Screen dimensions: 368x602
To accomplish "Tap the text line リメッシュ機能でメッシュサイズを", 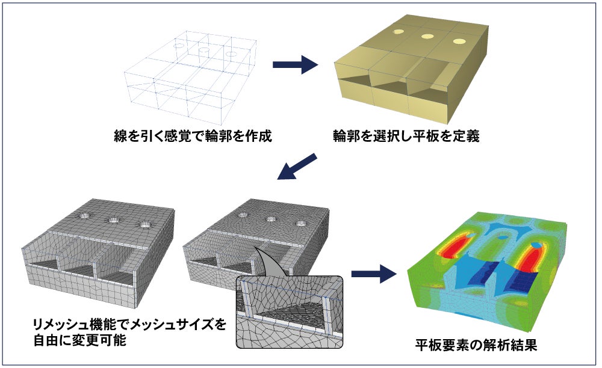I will tap(130, 325).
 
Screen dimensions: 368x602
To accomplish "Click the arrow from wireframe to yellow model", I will tap(295, 65).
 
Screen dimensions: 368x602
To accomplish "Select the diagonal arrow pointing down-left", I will tap(297, 166).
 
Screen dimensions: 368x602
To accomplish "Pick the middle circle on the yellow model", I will tap(428, 36).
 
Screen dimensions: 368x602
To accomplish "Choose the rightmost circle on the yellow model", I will tap(459, 42).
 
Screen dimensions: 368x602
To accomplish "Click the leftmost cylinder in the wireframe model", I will tap(179, 45).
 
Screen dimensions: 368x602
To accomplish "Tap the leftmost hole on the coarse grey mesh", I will tap(84, 216).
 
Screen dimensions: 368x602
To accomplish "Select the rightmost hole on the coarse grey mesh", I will tap(144, 224).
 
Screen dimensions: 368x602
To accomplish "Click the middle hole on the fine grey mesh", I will tap(270, 219).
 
